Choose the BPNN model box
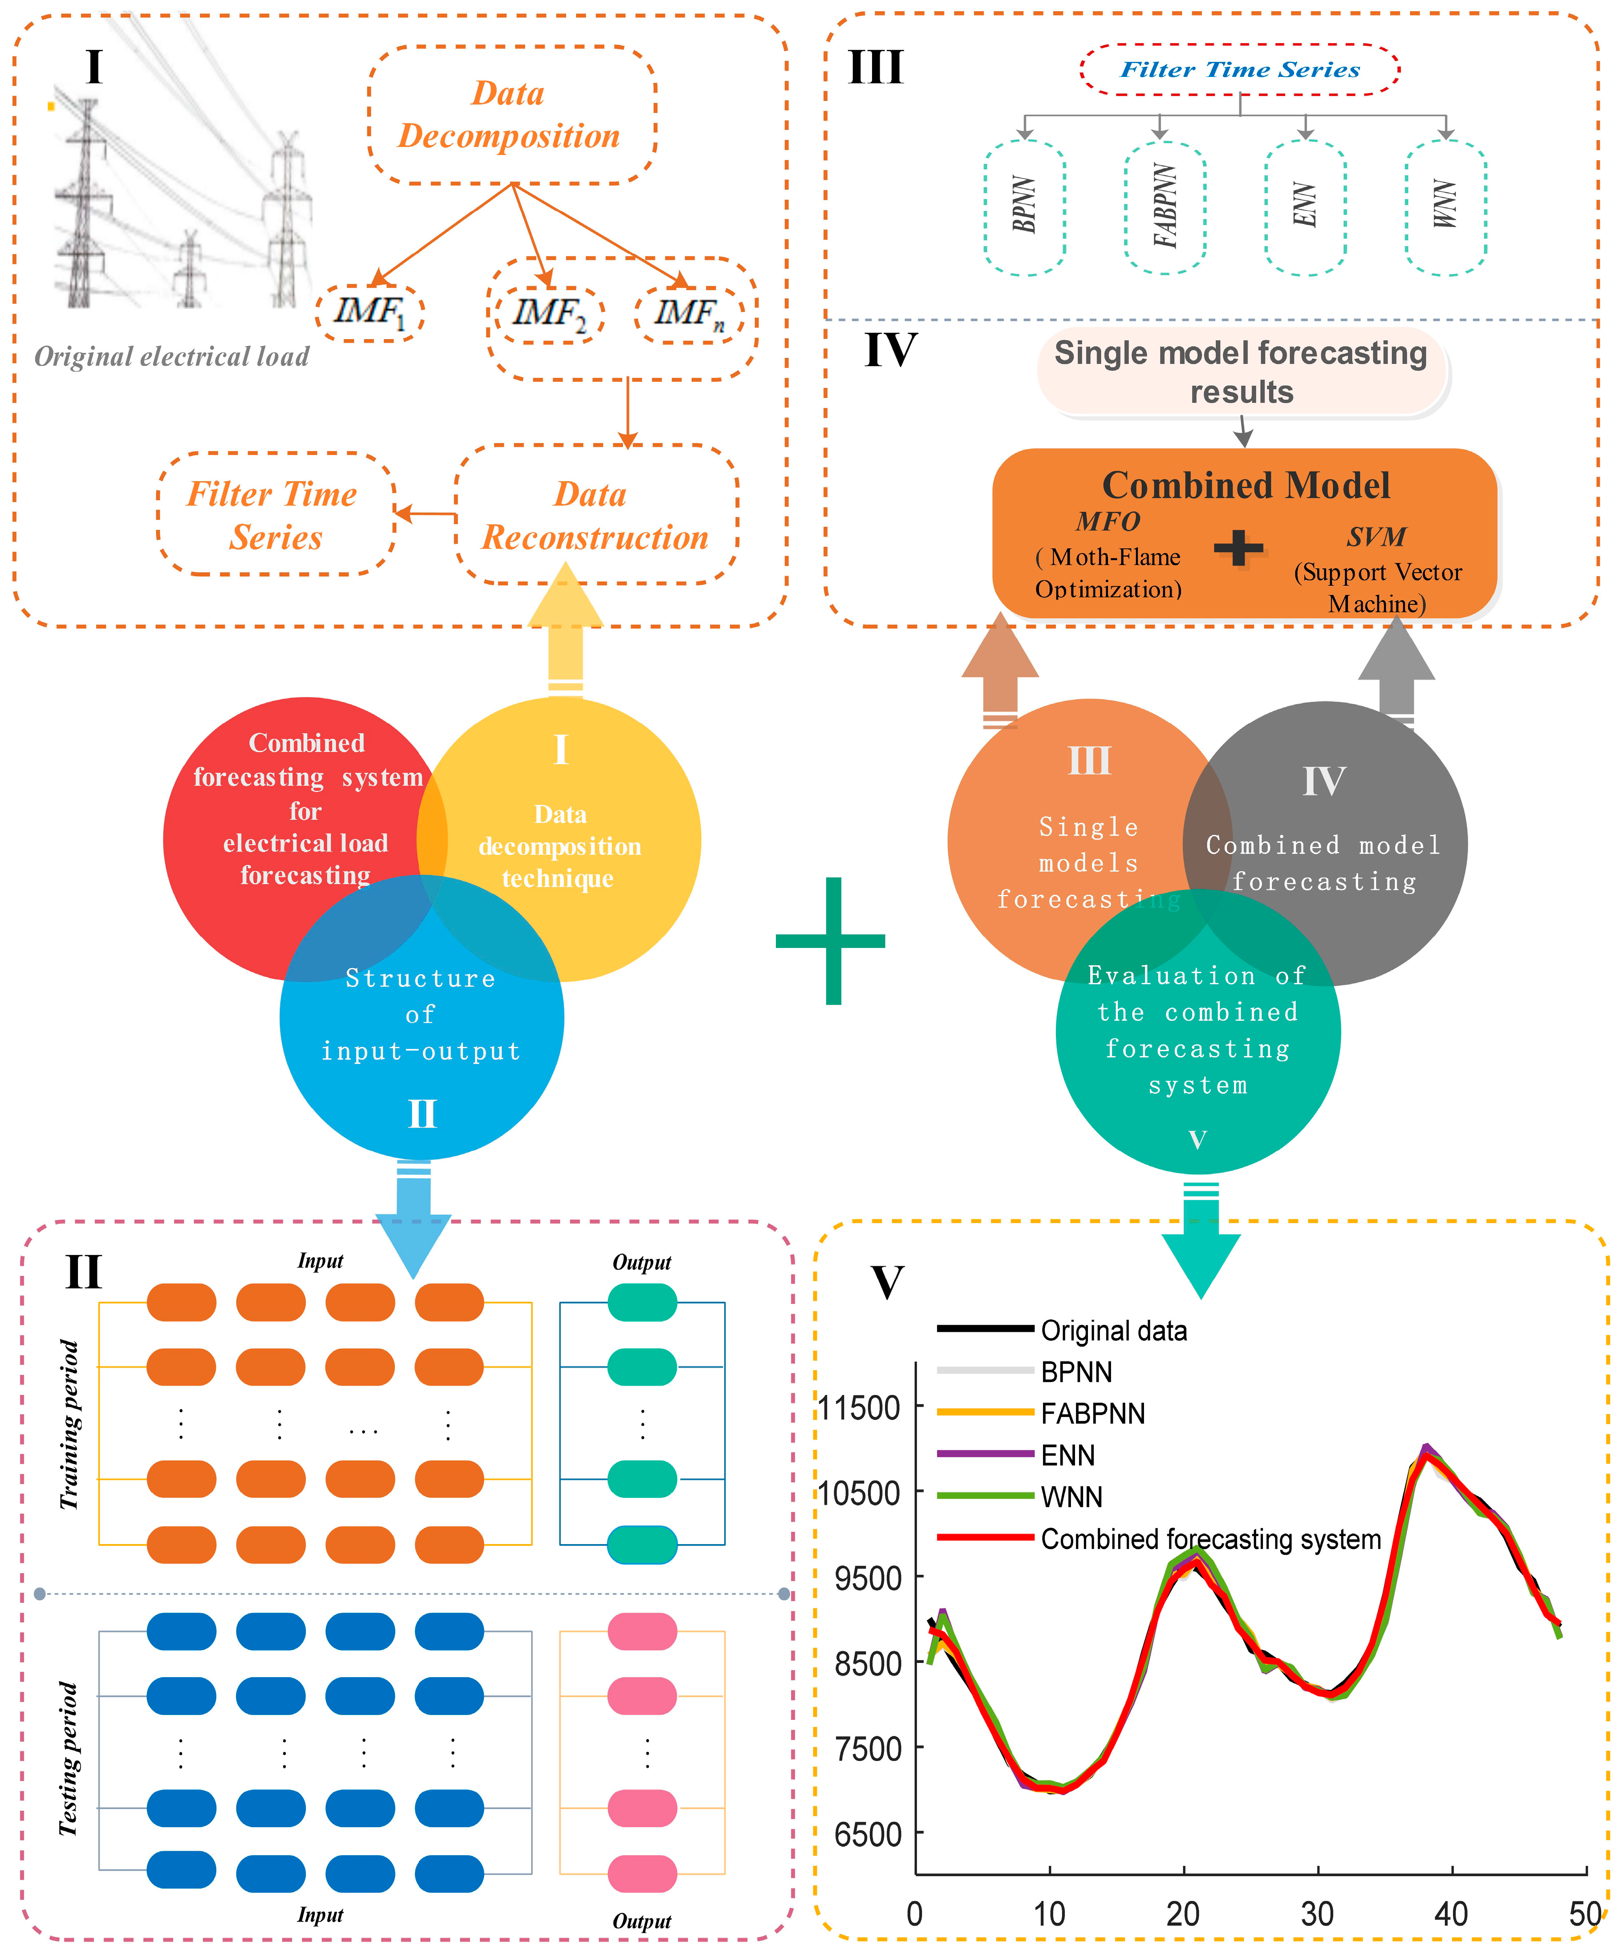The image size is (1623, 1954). click(x=1024, y=206)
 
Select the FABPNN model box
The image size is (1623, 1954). click(x=1164, y=206)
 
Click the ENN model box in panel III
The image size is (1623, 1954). click(x=1305, y=206)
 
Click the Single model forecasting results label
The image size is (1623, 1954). click(x=1242, y=372)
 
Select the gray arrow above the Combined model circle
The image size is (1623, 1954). click(x=1396, y=670)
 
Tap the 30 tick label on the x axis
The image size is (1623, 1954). click(x=1317, y=1914)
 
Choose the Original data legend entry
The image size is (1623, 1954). click(x=1113, y=1331)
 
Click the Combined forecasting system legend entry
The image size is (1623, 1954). click(x=1210, y=1539)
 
